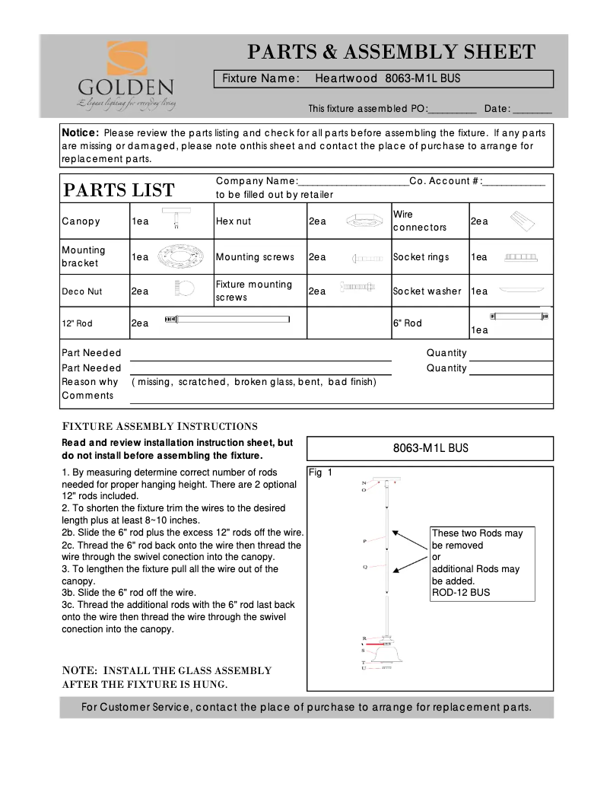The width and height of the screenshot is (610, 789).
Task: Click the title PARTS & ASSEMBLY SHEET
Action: (391, 52)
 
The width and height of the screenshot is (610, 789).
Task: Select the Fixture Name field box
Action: (383, 78)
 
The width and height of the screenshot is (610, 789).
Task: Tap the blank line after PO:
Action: (453, 109)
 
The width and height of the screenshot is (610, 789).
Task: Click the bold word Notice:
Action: (80, 132)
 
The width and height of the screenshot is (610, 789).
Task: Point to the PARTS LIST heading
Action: (119, 190)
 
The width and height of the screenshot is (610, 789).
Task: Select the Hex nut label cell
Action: (234, 221)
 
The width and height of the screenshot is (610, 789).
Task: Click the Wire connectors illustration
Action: (522, 221)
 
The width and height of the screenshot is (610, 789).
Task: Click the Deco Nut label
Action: (81, 291)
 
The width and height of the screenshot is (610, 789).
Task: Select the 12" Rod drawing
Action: (227, 319)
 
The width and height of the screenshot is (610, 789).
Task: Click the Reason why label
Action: (90, 382)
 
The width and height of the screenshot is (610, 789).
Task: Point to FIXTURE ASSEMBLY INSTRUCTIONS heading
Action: (160, 426)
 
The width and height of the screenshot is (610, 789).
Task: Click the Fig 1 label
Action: (320, 472)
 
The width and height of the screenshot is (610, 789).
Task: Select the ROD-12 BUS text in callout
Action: (461, 592)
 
